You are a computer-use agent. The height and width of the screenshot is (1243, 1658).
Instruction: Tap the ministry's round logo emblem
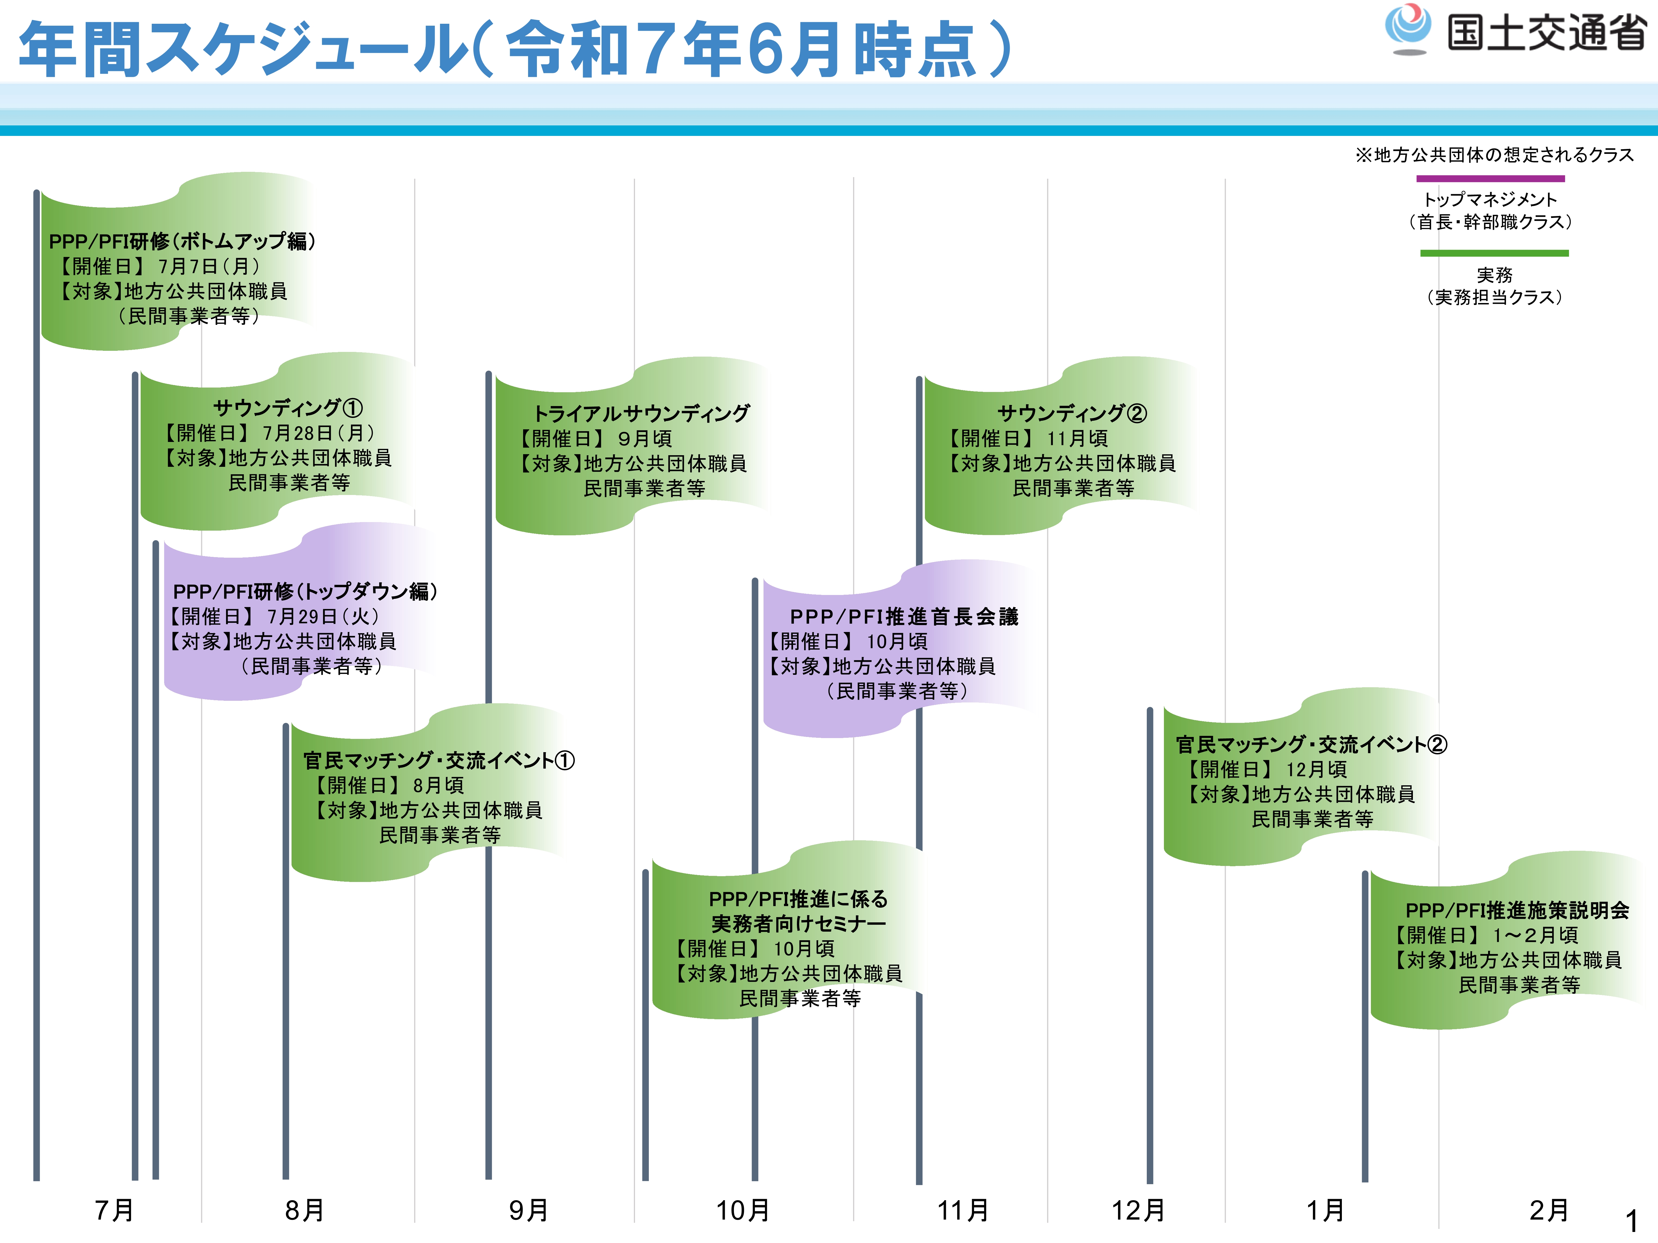1408,28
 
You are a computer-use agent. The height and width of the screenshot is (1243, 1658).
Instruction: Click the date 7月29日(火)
324,616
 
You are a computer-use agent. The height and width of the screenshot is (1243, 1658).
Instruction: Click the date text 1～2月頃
1535,935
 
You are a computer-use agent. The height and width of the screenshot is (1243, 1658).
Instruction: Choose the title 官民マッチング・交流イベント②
1311,744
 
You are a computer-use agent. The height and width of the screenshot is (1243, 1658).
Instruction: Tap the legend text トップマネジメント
1490,199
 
